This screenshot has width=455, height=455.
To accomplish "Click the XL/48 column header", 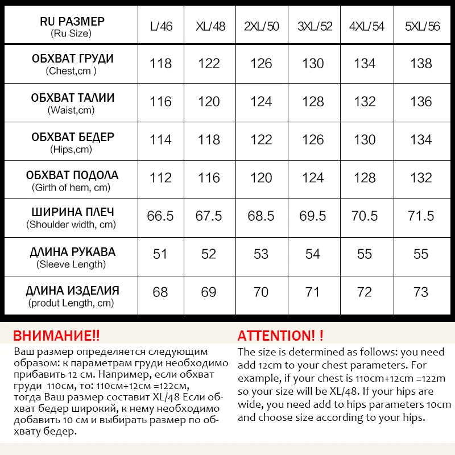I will coord(209,26).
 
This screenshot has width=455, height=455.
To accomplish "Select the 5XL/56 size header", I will coord(421,26).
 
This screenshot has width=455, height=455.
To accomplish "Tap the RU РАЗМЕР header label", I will coord(72,22).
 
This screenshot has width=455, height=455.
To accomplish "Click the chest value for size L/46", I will coord(160,64).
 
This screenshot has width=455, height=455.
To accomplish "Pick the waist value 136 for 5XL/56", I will coord(421,102).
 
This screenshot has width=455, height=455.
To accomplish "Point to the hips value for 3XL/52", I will coord(313,140).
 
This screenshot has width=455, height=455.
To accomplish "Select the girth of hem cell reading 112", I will coord(160,178).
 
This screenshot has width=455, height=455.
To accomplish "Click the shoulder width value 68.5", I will coord(261,216).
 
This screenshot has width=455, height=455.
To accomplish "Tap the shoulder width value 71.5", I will coord(421,216).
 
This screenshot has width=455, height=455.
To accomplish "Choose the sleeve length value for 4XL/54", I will coord(365,254).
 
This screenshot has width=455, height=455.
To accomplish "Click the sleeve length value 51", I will coord(160,254).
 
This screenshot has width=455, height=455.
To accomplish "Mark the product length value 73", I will coord(421,292).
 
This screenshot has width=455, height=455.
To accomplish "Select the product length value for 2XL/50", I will coord(261,292).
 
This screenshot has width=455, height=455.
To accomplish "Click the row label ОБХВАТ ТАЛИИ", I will coord(72,98).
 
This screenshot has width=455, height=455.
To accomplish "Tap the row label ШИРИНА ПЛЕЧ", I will coord(72,212).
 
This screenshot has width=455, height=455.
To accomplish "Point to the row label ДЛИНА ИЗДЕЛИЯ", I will coord(72,291).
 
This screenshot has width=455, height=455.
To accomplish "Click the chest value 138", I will coord(421,64).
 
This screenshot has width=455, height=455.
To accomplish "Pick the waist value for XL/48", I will coord(209,102).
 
